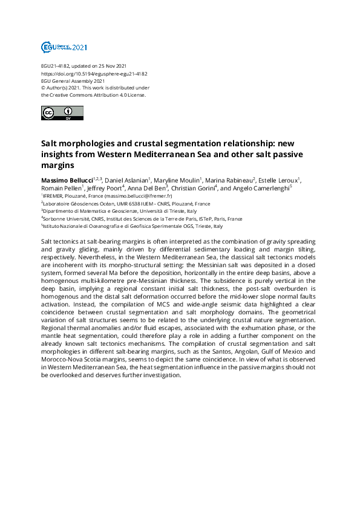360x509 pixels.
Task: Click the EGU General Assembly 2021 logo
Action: click(64, 47)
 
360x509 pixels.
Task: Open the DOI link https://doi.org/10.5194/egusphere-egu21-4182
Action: click(94, 74)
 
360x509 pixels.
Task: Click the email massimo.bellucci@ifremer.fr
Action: click(138, 196)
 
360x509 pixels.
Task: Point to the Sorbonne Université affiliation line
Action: click(143, 219)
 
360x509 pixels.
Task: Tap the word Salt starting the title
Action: click(49, 144)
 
